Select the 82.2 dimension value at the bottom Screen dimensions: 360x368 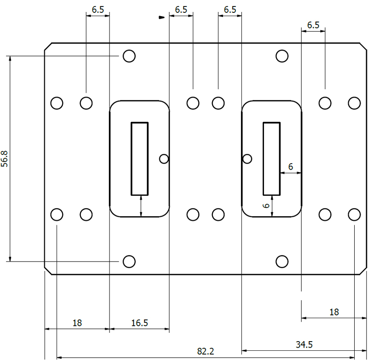(x=206, y=351)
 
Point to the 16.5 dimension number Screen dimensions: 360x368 (x=139, y=323)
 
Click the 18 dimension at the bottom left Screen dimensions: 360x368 (x=77, y=323)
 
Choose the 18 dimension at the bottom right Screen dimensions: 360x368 (x=334, y=312)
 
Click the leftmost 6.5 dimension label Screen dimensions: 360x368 (x=98, y=9)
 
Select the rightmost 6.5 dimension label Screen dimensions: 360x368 (x=313, y=25)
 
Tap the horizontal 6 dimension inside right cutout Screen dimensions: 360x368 (x=290, y=166)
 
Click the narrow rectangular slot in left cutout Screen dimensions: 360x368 (x=140, y=158)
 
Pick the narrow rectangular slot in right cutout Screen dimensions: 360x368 (x=271, y=158)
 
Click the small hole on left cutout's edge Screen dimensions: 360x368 (x=164, y=159)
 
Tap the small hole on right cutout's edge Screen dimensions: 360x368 (x=247, y=159)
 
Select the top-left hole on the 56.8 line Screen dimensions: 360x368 (x=129, y=56)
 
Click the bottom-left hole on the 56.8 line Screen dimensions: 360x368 (x=129, y=261)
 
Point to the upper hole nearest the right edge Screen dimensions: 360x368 (x=354, y=103)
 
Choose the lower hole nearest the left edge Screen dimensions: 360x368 (x=57, y=214)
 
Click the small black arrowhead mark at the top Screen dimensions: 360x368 (x=161, y=18)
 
